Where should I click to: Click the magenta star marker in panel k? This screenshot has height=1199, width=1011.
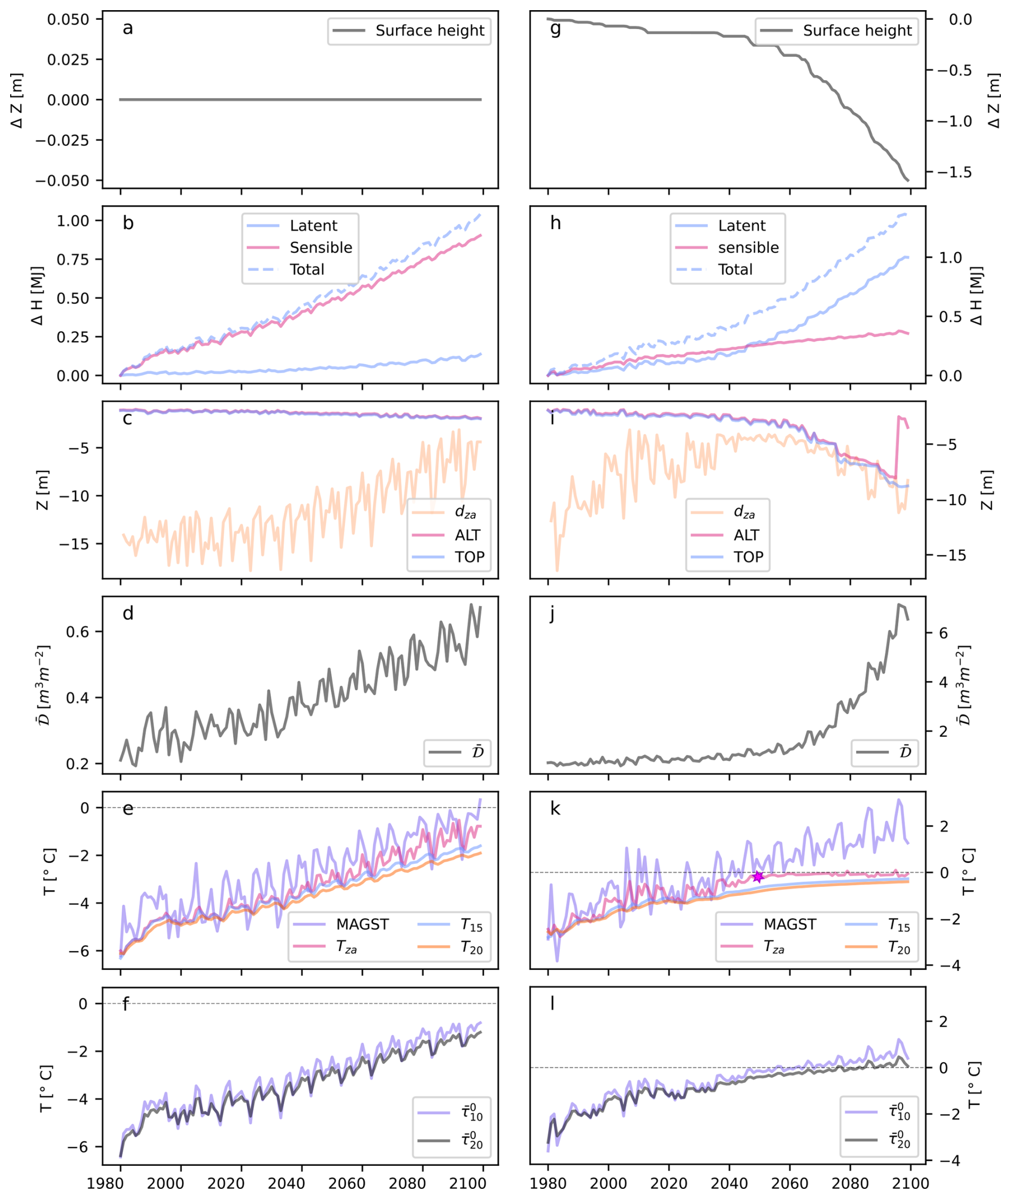pyautogui.click(x=758, y=876)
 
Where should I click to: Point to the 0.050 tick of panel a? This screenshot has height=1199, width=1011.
pyautogui.click(x=68, y=19)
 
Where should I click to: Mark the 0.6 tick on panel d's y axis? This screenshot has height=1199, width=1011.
pyautogui.click(x=77, y=632)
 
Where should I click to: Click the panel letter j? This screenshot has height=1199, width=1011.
pyautogui.click(x=552, y=614)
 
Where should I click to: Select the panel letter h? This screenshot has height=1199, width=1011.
pyautogui.click(x=555, y=223)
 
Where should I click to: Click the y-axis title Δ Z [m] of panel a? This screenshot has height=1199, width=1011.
pyautogui.click(x=17, y=100)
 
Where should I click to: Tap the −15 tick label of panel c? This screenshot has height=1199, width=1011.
pyautogui.click(x=74, y=543)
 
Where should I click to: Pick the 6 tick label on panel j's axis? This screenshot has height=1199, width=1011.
pyautogui.click(x=943, y=633)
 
